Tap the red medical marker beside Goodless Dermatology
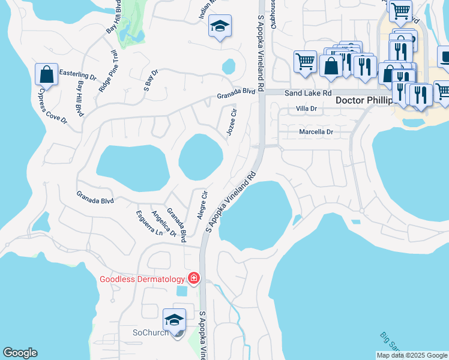pyautogui.click(x=194, y=278)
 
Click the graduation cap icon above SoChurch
pyautogui.click(x=174, y=319)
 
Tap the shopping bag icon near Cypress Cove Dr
pyautogui.click(x=46, y=74)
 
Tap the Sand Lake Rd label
pyautogui.click(x=308, y=94)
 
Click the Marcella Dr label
pyautogui.click(x=316, y=131)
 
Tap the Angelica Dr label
pyautogui.click(x=164, y=223)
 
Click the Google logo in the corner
pyautogui.click(x=20, y=353)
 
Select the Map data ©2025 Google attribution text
pyautogui.click(x=411, y=355)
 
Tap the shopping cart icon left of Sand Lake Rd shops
pyautogui.click(x=305, y=61)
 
